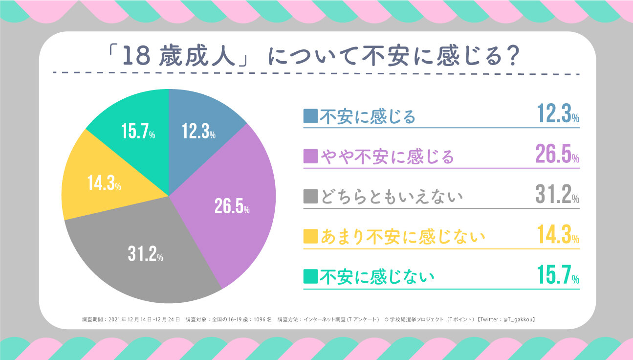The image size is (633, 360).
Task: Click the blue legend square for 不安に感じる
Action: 310,116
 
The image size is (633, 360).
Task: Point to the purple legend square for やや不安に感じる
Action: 310,157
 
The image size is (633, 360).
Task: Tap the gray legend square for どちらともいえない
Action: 310,197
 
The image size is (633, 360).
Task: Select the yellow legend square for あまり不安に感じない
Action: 310,237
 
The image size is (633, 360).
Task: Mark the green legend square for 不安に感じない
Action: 310,277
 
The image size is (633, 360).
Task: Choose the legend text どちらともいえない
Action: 391,197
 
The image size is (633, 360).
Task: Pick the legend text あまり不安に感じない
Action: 403,237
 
